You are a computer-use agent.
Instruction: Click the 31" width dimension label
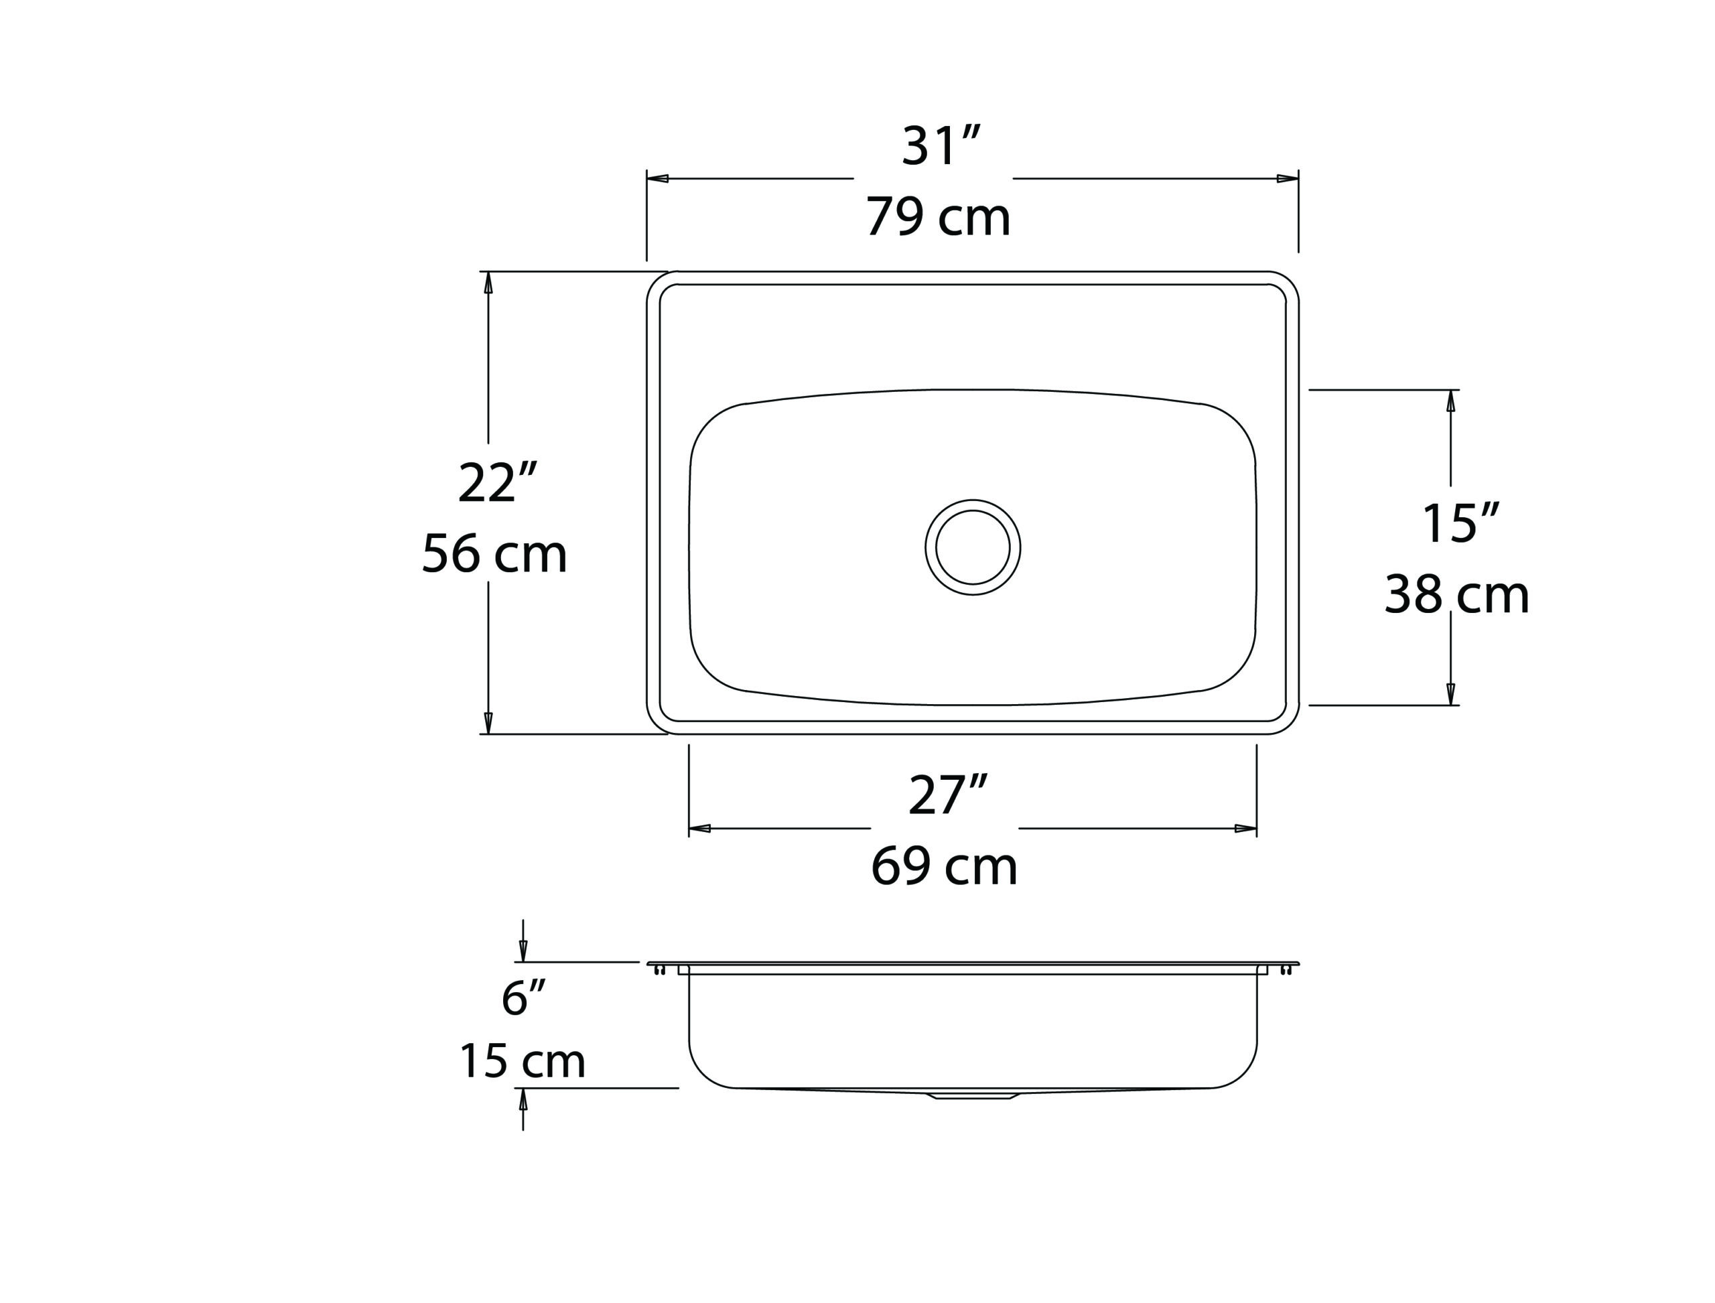tap(941, 146)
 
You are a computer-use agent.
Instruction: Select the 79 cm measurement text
tap(939, 217)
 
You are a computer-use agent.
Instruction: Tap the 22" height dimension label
tap(497, 482)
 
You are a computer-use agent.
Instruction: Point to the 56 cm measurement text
tap(494, 554)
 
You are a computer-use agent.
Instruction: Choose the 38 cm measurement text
tap(1456, 595)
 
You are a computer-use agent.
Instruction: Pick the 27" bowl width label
tap(948, 795)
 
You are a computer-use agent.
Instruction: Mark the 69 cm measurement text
tap(944, 866)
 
